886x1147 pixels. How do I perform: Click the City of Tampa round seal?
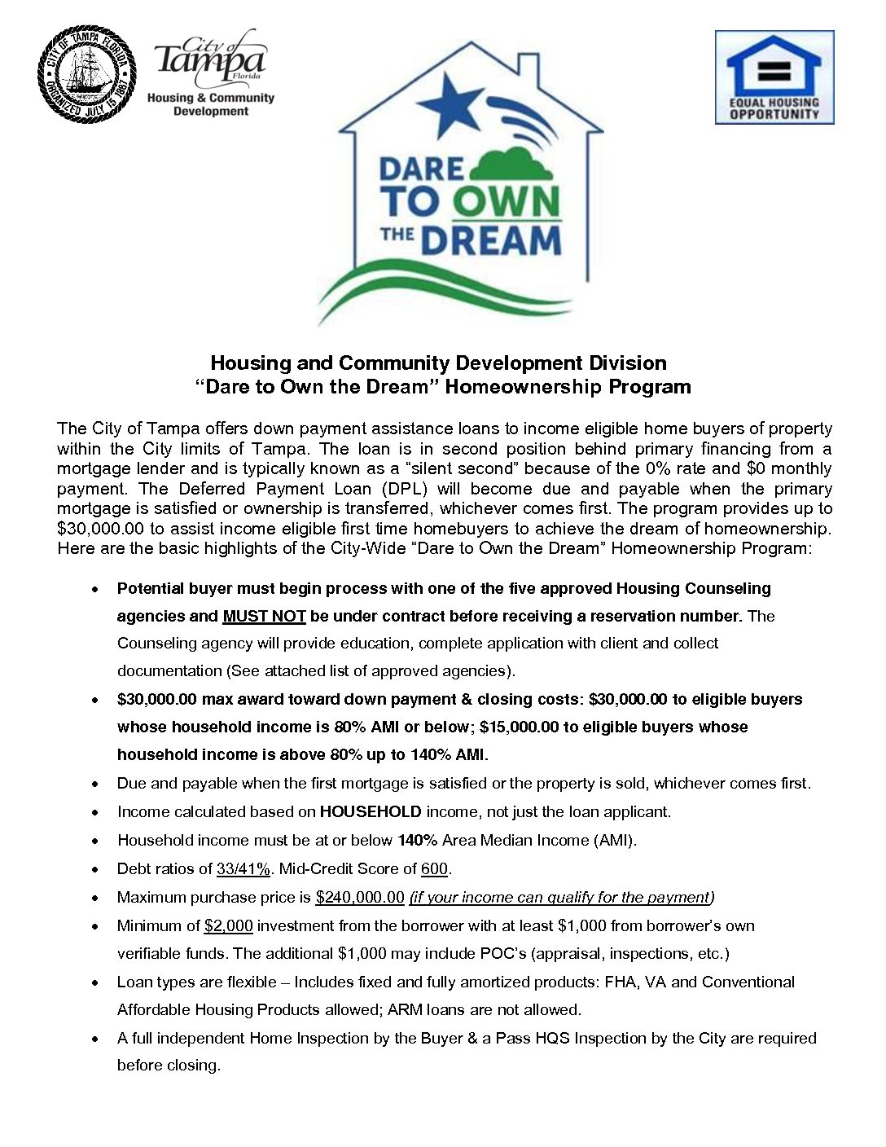[86, 74]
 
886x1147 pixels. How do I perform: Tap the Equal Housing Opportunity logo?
[774, 77]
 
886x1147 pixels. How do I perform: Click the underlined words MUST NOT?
[264, 616]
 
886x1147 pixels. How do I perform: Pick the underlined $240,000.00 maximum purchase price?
[360, 897]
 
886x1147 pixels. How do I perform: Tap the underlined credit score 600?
[434, 868]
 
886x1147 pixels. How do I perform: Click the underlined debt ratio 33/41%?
[243, 868]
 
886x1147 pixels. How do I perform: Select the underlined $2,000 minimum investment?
[228, 925]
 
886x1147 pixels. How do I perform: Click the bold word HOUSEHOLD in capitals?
[371, 811]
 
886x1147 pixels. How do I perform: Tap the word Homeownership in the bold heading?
[512, 386]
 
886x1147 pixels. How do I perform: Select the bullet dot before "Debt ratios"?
[97, 869]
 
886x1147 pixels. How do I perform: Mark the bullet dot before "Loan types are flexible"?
[97, 982]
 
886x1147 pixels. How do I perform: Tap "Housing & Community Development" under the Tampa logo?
[210, 104]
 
